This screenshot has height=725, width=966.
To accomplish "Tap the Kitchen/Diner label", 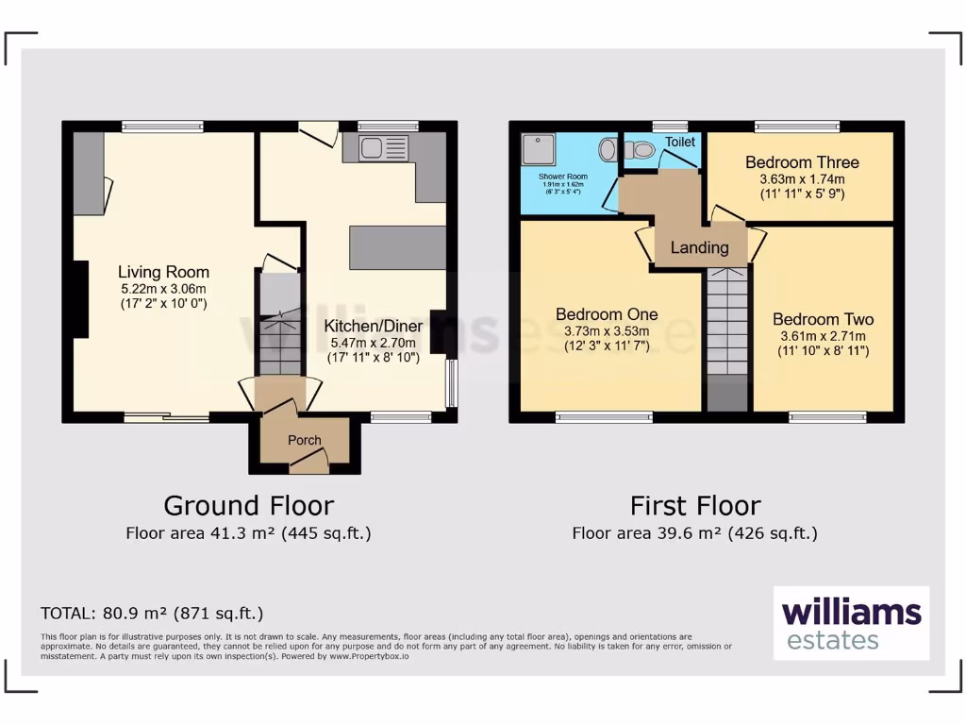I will click(x=374, y=326).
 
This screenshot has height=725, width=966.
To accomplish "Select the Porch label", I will click(x=304, y=440).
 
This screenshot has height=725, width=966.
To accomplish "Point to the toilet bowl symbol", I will click(x=641, y=149).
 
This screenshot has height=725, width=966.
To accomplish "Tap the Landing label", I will click(x=699, y=247).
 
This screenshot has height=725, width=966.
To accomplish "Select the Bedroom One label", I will click(x=607, y=314).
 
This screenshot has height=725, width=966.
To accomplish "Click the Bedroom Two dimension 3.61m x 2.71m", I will click(x=822, y=335).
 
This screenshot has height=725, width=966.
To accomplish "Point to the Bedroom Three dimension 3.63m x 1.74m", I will click(x=802, y=178).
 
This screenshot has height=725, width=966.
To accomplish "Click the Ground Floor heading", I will click(x=248, y=506).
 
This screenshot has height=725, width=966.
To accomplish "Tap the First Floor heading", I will click(x=694, y=506).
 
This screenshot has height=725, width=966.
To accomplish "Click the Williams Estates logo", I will click(x=851, y=623).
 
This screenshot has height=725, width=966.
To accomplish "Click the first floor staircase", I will click(x=726, y=321).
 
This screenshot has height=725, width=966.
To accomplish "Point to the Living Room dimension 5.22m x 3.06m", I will click(x=163, y=288).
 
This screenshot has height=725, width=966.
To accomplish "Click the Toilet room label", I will click(x=680, y=142).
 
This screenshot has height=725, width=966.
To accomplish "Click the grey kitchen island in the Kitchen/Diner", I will click(x=397, y=247).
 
